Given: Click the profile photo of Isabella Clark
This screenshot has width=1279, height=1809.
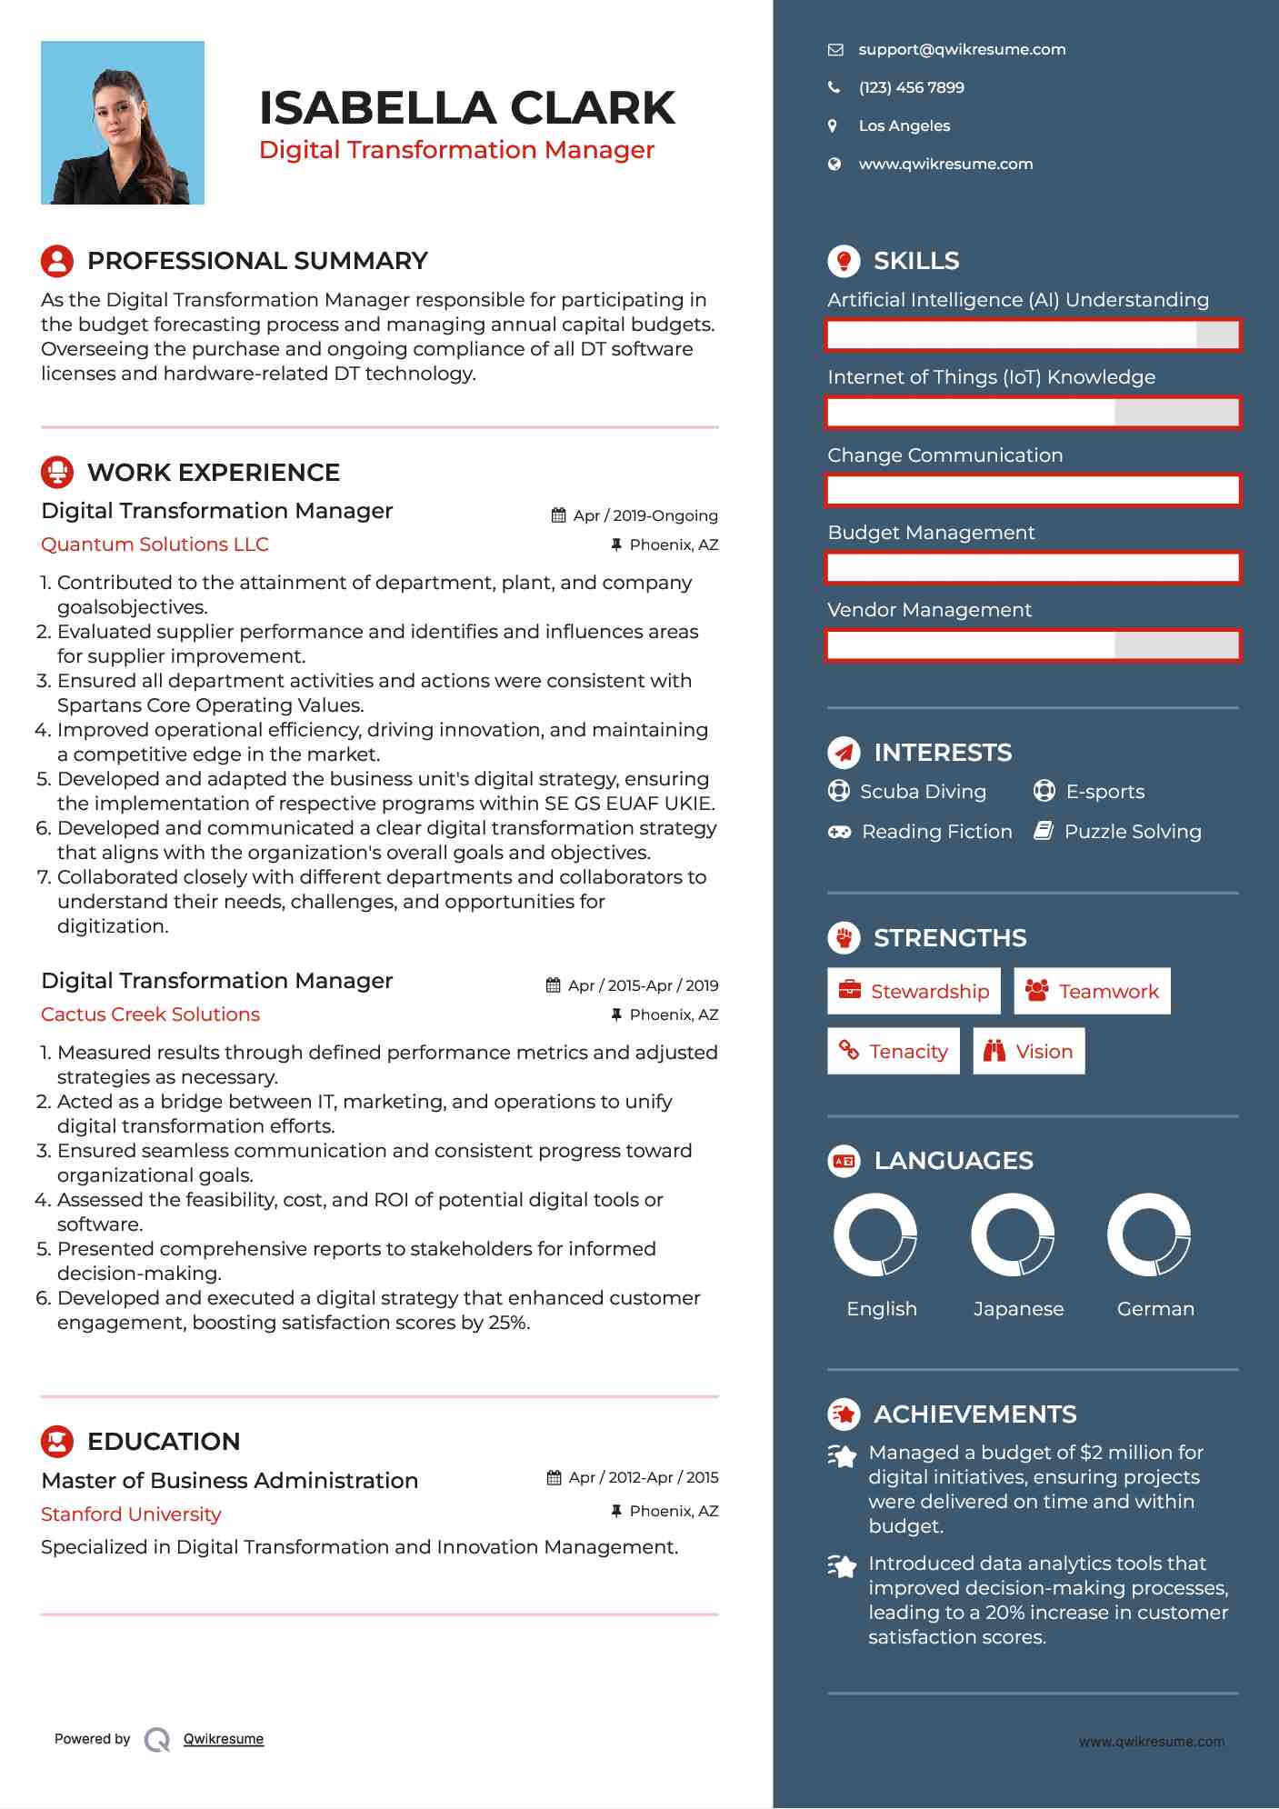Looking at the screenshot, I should point(123,123).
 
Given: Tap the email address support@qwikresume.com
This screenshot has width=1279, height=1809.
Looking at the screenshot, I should point(962,50).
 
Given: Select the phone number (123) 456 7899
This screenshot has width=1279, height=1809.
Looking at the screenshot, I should point(911,88).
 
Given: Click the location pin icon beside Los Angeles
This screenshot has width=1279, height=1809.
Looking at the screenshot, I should point(833,126).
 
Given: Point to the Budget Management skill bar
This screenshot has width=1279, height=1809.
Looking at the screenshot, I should point(1033,568).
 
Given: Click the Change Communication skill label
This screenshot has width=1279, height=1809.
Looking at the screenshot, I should point(944,455).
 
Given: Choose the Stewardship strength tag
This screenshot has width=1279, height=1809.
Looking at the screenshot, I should point(914,992).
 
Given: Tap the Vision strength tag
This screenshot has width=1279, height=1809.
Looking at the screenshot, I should point(1028,1052).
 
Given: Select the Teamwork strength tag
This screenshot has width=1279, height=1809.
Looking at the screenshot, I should point(1092,992).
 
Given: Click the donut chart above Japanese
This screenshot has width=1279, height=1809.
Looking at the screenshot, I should point(1012,1235).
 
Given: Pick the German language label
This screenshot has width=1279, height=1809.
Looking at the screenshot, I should point(1155,1309).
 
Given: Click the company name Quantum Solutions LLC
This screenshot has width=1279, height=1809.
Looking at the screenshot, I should point(155,545).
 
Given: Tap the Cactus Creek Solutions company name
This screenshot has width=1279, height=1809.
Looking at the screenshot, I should point(150,1014).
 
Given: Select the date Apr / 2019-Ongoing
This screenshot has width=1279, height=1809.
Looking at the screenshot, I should point(644,516).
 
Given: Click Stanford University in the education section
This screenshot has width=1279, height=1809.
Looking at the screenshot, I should point(131,1514).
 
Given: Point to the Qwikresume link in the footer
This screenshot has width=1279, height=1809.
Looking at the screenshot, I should point(223,1739).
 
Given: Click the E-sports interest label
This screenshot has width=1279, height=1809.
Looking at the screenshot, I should point(1104,792).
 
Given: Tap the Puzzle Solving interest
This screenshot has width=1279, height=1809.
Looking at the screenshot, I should point(1132,832).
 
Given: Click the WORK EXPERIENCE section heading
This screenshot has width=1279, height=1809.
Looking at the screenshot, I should point(213,473).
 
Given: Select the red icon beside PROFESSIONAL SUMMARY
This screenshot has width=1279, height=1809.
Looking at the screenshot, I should point(57,261).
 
